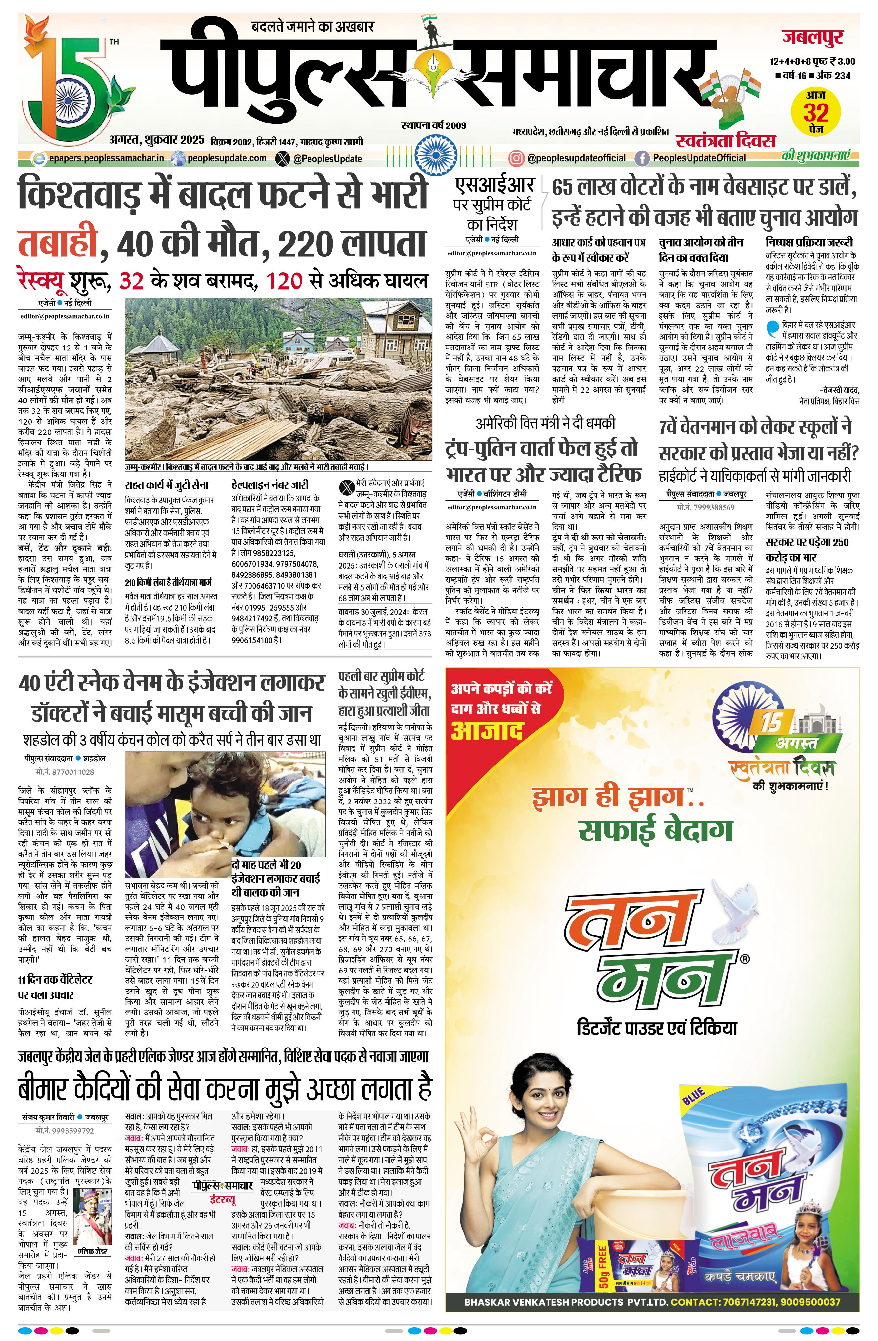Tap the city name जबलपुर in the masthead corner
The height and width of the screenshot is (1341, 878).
coord(812,38)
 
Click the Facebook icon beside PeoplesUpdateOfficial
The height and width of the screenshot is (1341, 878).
coord(642,158)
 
